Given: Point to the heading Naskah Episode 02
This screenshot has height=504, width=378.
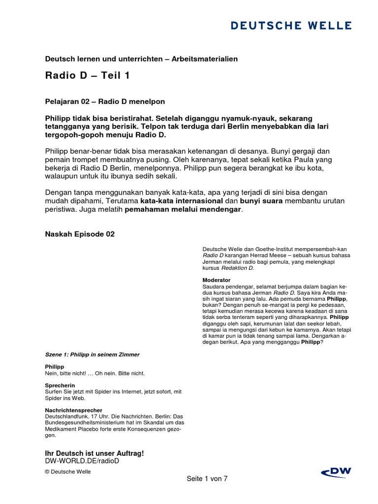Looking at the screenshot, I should pos(80,234).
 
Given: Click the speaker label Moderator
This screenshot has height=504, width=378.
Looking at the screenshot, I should pos(217,280).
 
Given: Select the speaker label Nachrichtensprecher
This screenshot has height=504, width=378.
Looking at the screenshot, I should pos(73,409).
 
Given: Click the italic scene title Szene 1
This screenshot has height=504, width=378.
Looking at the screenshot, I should pos(92,354).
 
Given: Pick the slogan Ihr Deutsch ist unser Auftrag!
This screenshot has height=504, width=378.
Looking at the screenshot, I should pos(94,453).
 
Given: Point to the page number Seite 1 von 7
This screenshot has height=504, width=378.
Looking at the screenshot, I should pos(207,478).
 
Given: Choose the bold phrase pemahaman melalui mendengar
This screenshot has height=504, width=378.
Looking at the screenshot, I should pos(183,210).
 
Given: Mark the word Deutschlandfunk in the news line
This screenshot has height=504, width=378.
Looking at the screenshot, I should pos(66,416).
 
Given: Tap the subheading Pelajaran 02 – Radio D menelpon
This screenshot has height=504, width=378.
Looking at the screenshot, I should pos(105,101).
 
